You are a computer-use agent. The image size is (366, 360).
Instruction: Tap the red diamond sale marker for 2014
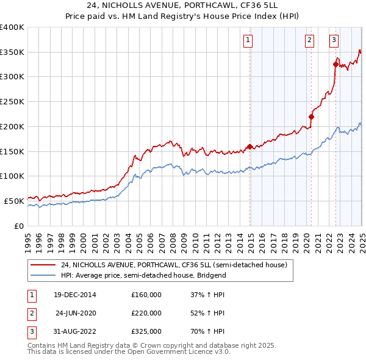[x=250, y=146]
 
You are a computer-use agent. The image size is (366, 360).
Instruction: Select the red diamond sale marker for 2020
[x=311, y=117]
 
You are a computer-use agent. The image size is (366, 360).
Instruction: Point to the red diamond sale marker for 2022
[x=335, y=64]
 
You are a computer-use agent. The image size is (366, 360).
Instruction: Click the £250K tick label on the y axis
[x=12, y=101]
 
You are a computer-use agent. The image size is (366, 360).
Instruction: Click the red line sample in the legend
[x=43, y=265]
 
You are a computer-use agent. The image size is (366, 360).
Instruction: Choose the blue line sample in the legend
[x=43, y=275]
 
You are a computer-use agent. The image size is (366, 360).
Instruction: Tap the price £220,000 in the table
[x=146, y=313]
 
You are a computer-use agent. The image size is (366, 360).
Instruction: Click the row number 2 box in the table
[x=30, y=313]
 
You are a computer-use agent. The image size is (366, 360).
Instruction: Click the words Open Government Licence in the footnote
[x=175, y=351]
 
